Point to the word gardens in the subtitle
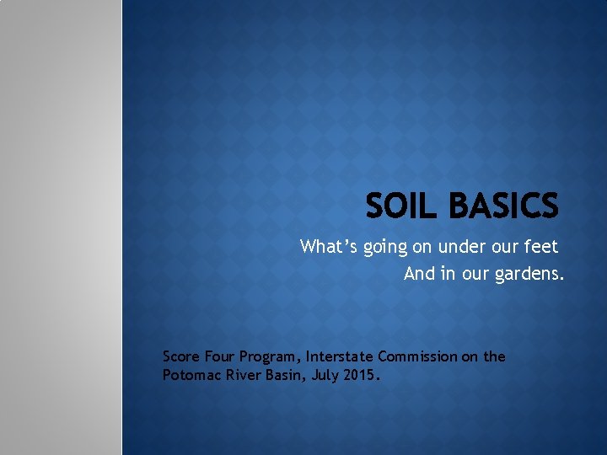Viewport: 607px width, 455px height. click(533, 274)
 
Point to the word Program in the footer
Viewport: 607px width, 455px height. click(276, 357)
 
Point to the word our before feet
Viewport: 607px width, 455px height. click(504, 248)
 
